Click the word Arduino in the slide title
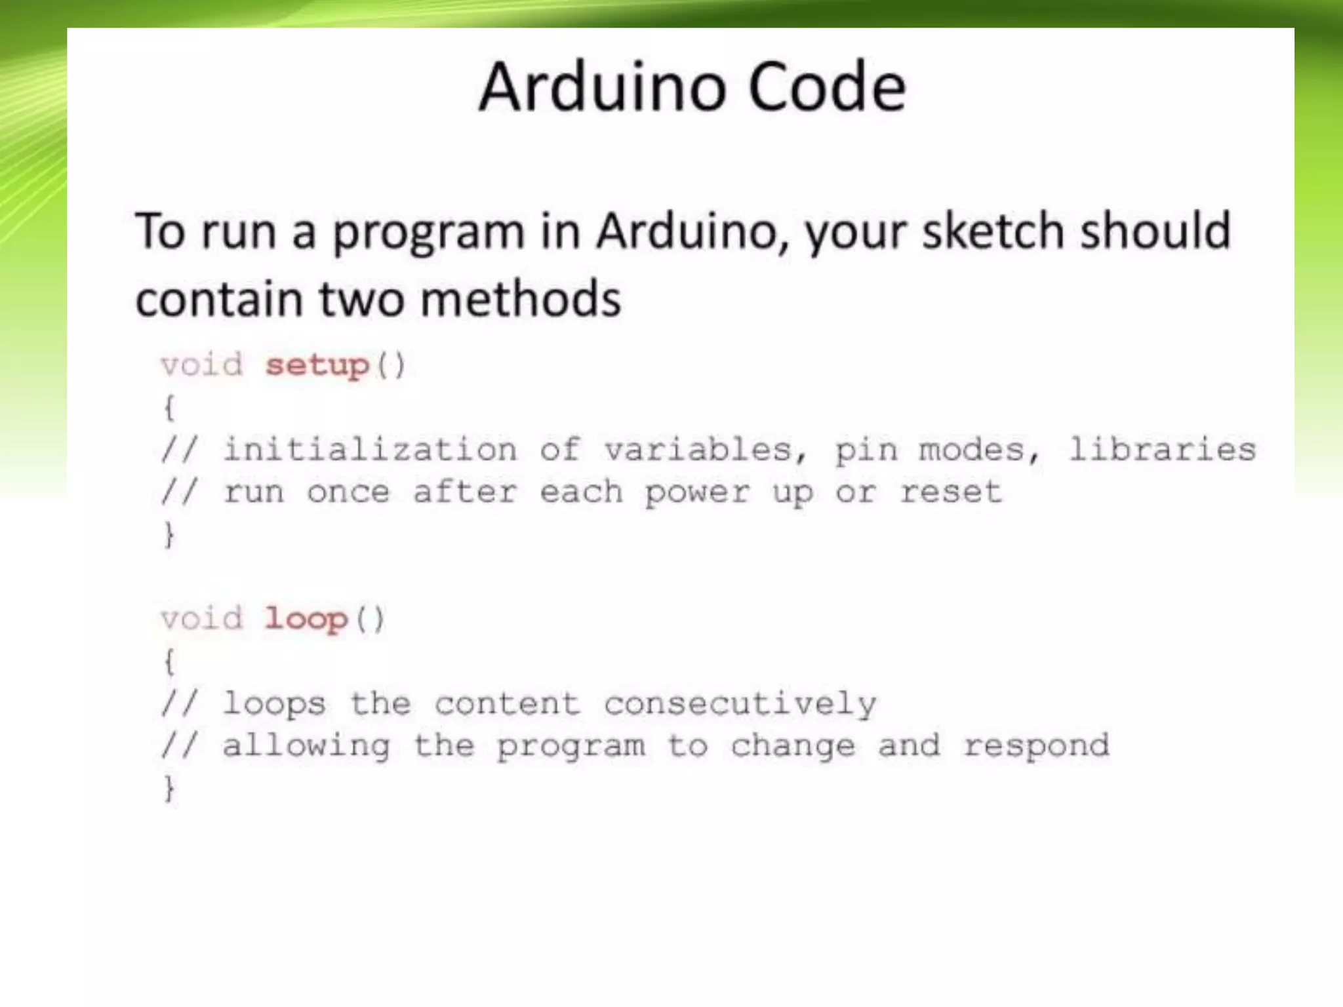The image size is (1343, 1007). pos(603,87)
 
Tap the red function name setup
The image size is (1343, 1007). pos(317,365)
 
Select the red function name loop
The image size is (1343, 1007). pos(306,619)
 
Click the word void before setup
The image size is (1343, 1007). pos(202,365)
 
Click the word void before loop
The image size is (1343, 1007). pos(202,619)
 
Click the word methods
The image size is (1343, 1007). pos(520,300)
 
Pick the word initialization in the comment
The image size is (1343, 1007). pos(371,450)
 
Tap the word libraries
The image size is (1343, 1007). pos(1162,450)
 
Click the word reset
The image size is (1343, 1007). pos(951,492)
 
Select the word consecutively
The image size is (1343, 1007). pos(740,704)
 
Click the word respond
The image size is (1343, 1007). pos(1036,746)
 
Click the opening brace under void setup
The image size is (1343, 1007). pos(169,408)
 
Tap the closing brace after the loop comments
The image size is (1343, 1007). pos(169,788)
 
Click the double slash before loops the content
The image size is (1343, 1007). pos(179,704)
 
